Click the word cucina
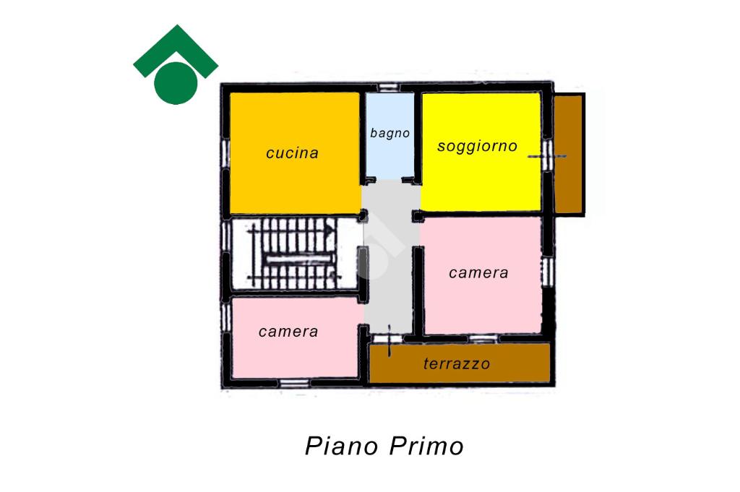[x=292, y=153]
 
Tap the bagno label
[x=390, y=134]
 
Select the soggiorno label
[x=477, y=146]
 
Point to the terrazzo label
[x=457, y=364]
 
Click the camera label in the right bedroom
[x=478, y=273]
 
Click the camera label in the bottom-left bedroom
[x=288, y=332]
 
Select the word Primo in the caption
[x=427, y=446]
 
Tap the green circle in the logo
[x=176, y=82]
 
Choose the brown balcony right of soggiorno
[x=569, y=153]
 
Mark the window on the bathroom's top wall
[x=390, y=87]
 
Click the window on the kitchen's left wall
[x=225, y=153]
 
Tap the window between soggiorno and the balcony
[x=547, y=153]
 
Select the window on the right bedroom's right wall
[x=547, y=271]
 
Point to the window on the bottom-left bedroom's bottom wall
[x=294, y=383]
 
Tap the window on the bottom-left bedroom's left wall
[x=225, y=316]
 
